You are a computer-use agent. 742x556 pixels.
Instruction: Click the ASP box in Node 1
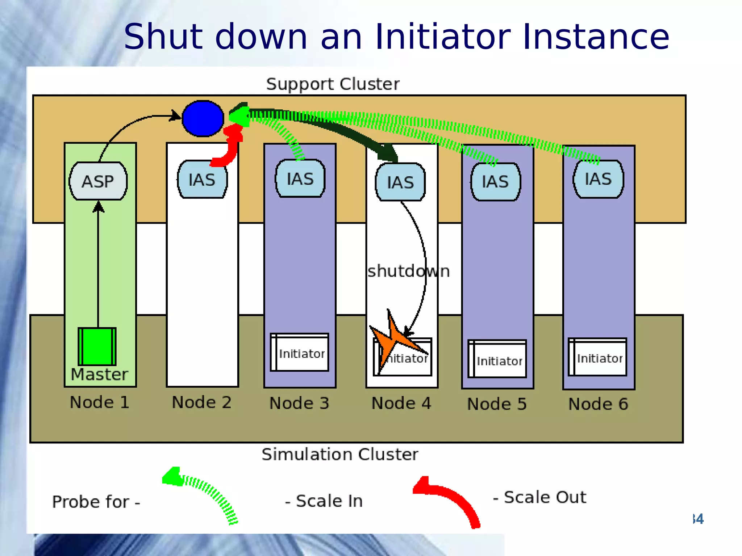[x=98, y=181]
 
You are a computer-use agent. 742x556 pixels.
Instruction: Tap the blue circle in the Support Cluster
[x=203, y=118]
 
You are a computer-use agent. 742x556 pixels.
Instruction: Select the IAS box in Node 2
[x=202, y=180]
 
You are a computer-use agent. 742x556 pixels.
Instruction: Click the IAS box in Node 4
[x=400, y=182]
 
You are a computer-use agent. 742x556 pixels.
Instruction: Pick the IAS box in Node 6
[x=598, y=179]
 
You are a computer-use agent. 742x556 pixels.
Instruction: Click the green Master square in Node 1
[x=97, y=346]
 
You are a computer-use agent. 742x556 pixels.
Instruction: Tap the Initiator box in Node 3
[x=300, y=353]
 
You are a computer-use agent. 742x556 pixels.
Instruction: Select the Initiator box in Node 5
[x=497, y=359]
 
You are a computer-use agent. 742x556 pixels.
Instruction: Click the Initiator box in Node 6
[x=598, y=357]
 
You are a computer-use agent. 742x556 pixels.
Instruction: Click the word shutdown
[x=408, y=271]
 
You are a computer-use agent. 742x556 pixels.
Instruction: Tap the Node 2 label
[x=201, y=402]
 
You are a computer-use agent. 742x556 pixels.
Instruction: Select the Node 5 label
[x=497, y=404]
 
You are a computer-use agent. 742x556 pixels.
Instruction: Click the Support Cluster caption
[x=333, y=84]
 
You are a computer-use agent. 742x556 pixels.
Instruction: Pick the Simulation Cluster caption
[x=339, y=454]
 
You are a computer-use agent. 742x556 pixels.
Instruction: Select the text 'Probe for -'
[x=96, y=502]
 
